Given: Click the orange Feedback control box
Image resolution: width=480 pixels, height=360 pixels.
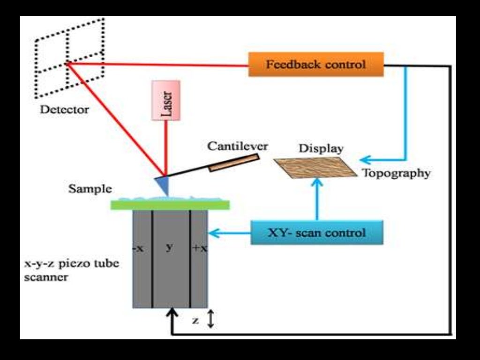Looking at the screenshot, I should pos(316,64).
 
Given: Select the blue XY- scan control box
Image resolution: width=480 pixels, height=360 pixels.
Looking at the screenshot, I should pos(317,232).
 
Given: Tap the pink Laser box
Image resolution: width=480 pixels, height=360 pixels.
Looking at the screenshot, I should pos(165,99).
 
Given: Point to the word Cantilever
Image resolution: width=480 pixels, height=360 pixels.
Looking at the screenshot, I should pos(238,146).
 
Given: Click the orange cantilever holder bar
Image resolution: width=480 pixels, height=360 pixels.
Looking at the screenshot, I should pos(233,163).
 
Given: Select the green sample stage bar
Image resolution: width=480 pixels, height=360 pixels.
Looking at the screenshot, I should pos(170,205).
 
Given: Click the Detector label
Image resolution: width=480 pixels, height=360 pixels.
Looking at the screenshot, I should pos(64,110).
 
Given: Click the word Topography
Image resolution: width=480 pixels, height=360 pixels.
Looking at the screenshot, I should pos(396,173).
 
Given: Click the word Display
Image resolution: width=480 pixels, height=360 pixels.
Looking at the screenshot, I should pos(321,149).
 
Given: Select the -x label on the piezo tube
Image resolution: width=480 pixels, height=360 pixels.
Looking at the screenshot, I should pos(138,248).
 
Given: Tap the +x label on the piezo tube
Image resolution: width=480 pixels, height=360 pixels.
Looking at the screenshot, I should pos(199,248).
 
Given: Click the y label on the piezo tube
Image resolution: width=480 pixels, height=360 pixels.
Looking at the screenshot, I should pos(169,247).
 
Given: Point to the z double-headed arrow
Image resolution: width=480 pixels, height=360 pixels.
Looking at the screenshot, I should pos(210,319).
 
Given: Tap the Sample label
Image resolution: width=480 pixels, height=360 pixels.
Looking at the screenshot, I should pos(90,189).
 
